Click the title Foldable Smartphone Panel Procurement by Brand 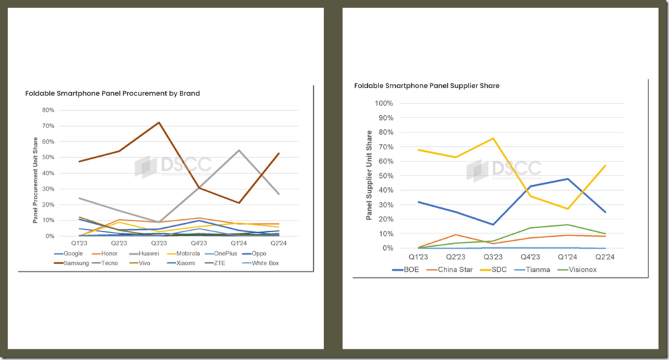coord(113,93)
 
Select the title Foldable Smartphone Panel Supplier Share coord(427,86)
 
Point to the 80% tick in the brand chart coord(48,110)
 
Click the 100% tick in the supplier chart coord(384,103)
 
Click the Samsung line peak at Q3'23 coord(159,122)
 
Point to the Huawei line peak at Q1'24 coord(238,150)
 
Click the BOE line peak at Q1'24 coord(567,179)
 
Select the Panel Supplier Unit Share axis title coord(368,175)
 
